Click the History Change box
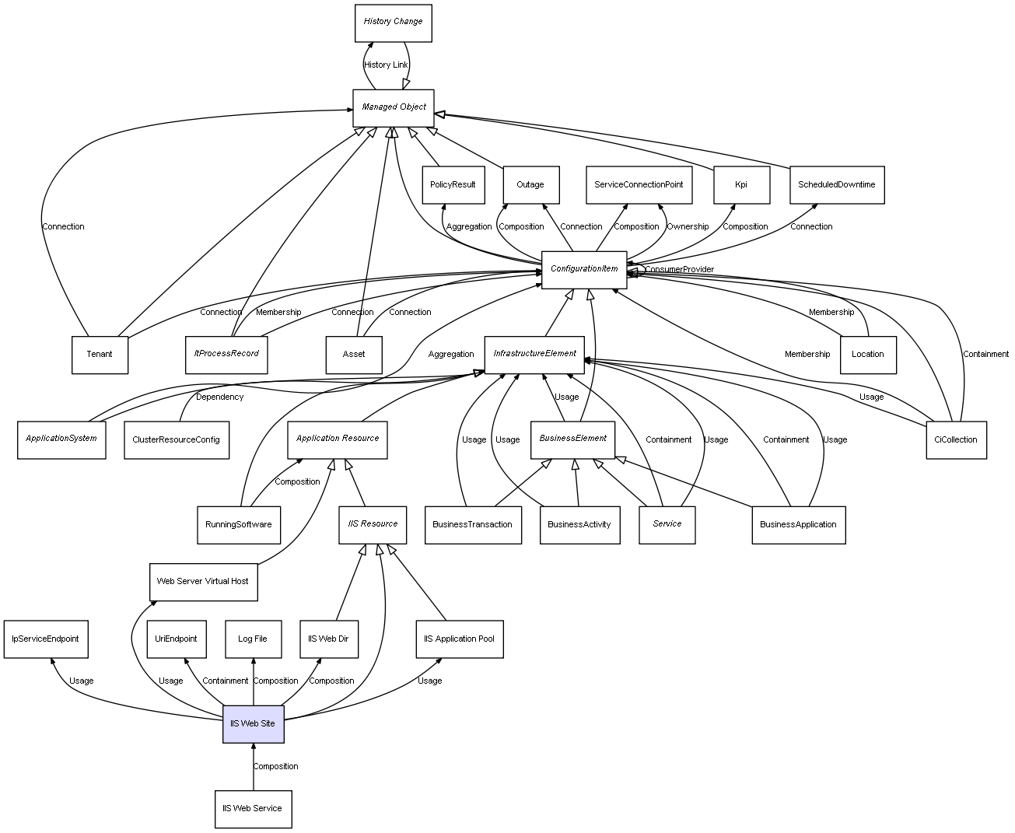point(393,23)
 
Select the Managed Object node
point(394,107)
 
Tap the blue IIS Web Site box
point(253,723)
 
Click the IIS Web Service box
point(253,809)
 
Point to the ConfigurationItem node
point(584,269)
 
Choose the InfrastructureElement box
point(535,354)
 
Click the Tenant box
point(100,355)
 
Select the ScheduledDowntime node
point(836,185)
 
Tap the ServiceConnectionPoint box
point(639,185)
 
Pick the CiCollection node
point(956,439)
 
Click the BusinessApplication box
point(798,524)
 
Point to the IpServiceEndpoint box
point(45,639)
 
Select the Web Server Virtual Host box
point(203,582)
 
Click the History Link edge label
point(386,65)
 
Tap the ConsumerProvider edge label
point(679,270)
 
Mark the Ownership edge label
point(688,227)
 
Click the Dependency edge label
point(219,397)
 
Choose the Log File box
point(253,639)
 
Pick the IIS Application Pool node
point(459,639)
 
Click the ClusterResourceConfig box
point(176,439)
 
